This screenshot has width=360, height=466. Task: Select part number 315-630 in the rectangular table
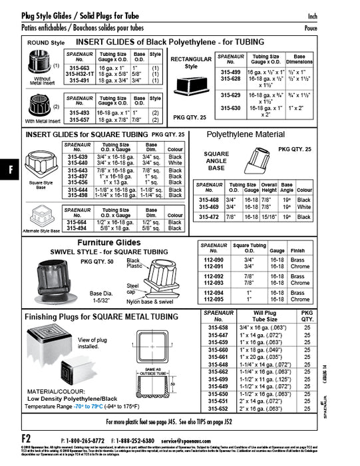[x=230, y=107]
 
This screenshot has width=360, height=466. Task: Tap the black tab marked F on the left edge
[x=9, y=169]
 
